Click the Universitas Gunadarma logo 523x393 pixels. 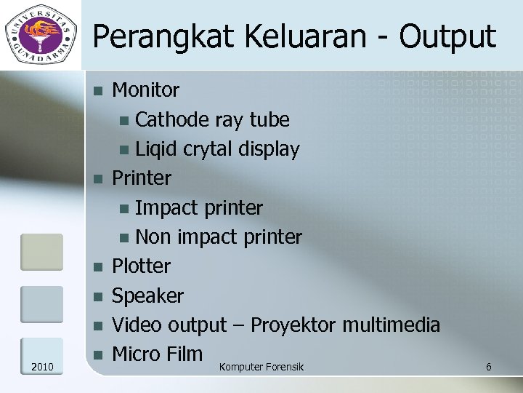pos(41,33)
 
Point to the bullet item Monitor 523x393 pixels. pos(145,90)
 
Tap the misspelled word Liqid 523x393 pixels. pos(156,149)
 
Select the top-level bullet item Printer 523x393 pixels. pos(142,178)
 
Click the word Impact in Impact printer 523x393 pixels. pos(166,208)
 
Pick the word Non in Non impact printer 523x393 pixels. pos(150,237)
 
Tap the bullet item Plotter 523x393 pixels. pos(141,266)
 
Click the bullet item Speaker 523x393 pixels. pos(147,296)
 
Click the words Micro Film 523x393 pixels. pos(157,354)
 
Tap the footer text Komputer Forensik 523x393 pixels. pos(261,367)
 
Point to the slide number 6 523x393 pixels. pos(488,367)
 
